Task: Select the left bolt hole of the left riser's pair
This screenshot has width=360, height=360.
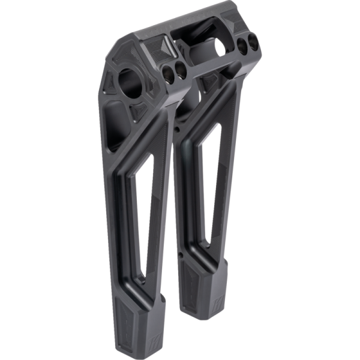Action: coord(168,73)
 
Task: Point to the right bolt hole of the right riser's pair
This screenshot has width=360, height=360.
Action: coord(254,43)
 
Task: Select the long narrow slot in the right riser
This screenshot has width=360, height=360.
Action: coord(211,186)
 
